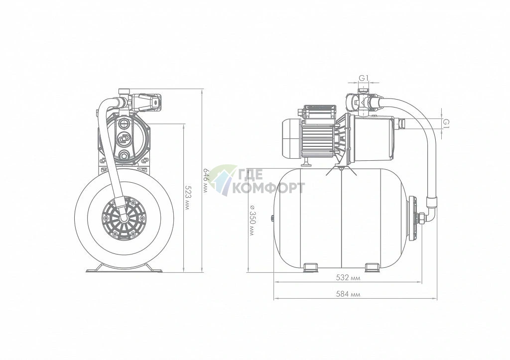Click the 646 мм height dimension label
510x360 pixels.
point(205,180)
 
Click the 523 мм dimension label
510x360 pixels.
point(187,197)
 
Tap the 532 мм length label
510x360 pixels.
point(348,278)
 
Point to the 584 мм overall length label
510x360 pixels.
point(348,294)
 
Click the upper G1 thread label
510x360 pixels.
point(364,78)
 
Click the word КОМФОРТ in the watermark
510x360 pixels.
point(269,188)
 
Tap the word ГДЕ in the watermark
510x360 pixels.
point(250,175)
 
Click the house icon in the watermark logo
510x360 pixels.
point(223,180)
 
